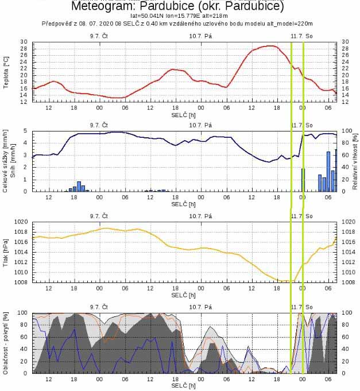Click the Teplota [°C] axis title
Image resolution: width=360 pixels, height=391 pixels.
6,72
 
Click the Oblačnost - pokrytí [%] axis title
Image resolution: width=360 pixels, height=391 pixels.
6,343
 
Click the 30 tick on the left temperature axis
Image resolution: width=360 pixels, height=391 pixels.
24,42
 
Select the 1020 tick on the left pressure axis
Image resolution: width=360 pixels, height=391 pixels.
21,222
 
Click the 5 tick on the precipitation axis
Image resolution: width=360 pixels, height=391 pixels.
25,131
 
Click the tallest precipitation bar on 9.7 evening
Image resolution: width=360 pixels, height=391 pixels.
79,186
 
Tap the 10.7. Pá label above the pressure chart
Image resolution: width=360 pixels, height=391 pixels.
200,216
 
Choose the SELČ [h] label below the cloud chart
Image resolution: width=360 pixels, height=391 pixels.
183,385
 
